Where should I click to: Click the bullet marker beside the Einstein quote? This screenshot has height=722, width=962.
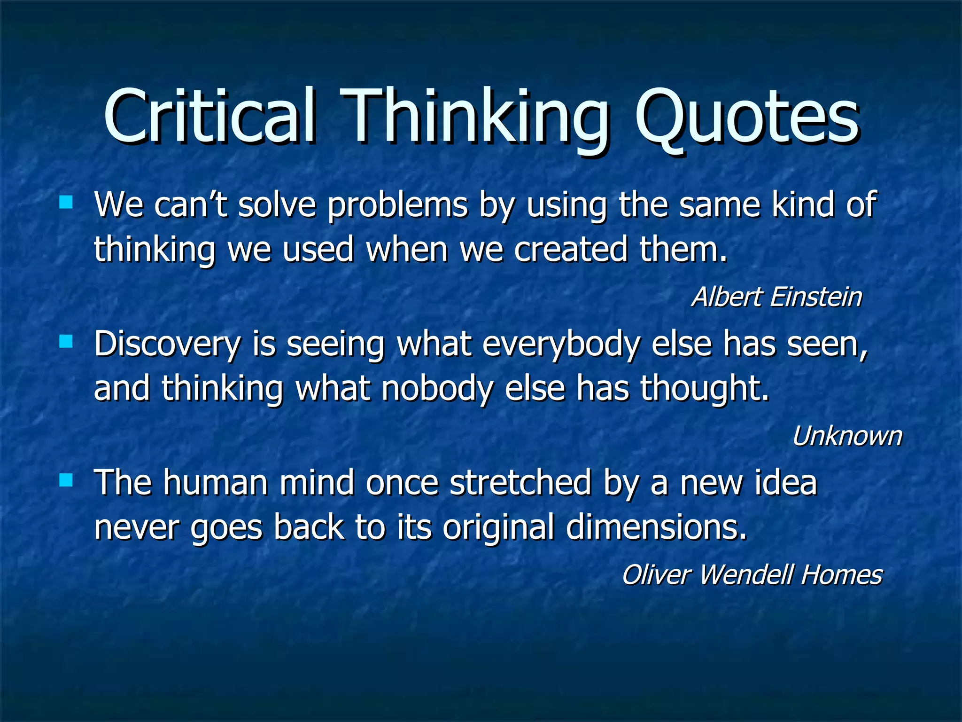coord(66,203)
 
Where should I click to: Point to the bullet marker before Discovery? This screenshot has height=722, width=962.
coord(66,341)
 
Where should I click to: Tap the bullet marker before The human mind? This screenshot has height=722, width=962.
coord(66,480)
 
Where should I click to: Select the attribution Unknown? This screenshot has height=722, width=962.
coord(847,436)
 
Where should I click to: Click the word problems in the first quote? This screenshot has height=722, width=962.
coord(397,205)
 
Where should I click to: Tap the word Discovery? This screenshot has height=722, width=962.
coord(167,345)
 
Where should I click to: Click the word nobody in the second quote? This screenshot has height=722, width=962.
coord(437,389)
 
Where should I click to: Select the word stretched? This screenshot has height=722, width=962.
coord(520,483)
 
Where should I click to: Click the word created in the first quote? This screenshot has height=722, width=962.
coord(570,249)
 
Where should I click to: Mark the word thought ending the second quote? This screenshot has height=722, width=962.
coord(705,389)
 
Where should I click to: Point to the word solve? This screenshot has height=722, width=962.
coord(277,205)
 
